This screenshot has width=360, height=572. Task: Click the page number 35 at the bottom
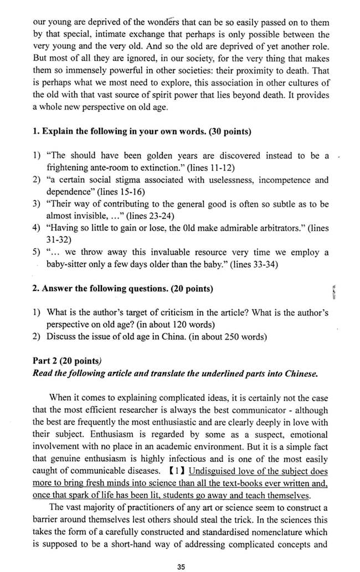point(181,566)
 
